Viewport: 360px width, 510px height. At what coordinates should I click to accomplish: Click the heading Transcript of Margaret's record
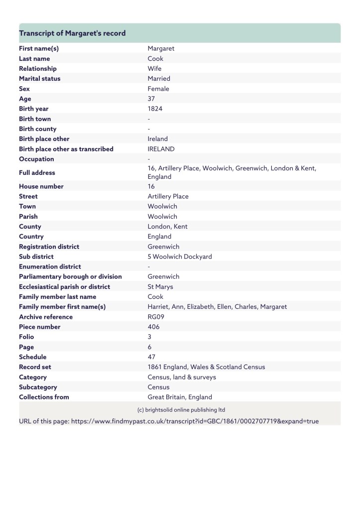[x=72, y=33]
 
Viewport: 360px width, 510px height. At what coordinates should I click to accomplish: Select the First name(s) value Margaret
[x=161, y=49]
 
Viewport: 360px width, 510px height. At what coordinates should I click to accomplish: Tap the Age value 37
[x=151, y=99]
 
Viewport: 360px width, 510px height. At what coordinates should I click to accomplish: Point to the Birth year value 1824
[x=155, y=109]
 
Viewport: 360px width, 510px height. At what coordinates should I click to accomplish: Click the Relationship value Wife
[x=154, y=69]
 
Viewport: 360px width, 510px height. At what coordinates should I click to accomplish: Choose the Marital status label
[x=39, y=79]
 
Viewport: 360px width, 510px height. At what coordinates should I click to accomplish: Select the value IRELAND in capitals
[x=161, y=149]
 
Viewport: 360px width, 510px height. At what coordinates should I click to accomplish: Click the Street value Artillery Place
[x=168, y=196]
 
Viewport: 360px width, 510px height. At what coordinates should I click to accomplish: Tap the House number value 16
[x=151, y=186]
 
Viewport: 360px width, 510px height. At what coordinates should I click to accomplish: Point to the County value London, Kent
[x=167, y=227]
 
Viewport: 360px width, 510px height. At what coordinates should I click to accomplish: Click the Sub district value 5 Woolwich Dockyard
[x=179, y=256]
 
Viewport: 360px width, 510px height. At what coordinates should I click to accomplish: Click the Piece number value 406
[x=153, y=327]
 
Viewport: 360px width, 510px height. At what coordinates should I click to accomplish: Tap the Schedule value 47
[x=151, y=357]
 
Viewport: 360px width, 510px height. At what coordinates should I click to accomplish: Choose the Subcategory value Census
[x=158, y=387]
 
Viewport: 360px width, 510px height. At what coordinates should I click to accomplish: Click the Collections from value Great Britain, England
[x=179, y=397]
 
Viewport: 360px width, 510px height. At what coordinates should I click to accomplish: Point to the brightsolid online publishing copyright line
[x=181, y=410]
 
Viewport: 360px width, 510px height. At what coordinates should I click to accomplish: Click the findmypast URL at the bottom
[x=195, y=421]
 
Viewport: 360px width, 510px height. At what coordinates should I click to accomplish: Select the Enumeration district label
[x=50, y=266]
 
